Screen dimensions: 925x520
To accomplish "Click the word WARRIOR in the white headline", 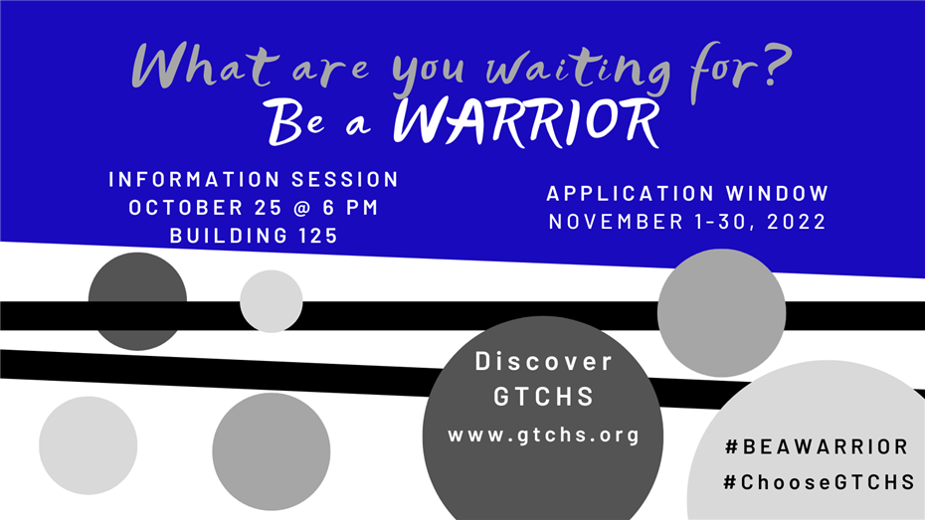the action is (525, 122).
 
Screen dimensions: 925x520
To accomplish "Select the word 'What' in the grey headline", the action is (204, 66).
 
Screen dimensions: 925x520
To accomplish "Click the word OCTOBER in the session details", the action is (186, 208).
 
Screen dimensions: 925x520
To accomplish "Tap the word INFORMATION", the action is (194, 179).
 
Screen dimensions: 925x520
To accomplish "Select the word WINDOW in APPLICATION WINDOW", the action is (778, 193).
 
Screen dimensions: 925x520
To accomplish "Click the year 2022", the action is (797, 222).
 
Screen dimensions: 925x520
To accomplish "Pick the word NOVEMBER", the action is (615, 222).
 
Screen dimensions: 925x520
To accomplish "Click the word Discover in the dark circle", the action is (544, 361).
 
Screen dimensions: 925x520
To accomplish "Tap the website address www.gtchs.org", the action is (544, 435).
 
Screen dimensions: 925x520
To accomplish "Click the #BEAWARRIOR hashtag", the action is (817, 446).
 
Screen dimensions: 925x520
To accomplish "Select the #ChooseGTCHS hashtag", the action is (819, 482).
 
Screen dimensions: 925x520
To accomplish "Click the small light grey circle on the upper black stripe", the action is (272, 301).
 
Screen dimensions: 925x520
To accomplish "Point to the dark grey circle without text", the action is (137, 301).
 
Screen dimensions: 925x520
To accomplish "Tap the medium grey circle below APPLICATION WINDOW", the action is (721, 313).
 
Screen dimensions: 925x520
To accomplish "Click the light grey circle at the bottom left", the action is (89, 445).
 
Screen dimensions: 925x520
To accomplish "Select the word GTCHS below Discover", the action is (544, 397).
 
